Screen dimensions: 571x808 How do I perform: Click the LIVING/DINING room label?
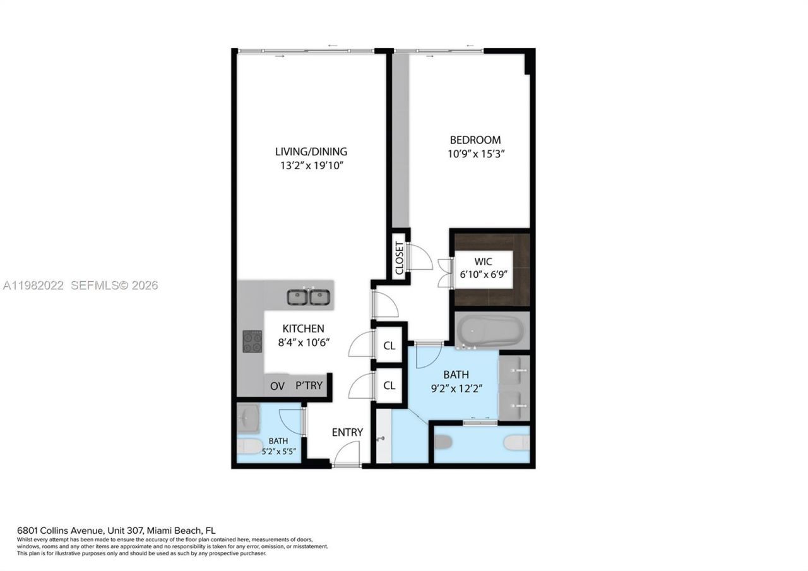pyautogui.click(x=311, y=152)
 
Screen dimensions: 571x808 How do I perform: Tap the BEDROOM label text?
pyautogui.click(x=475, y=140)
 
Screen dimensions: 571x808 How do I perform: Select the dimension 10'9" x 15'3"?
pyautogui.click(x=475, y=153)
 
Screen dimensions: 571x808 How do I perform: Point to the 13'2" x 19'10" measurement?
pyautogui.click(x=311, y=165)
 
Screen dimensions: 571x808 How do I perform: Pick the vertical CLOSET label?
pyautogui.click(x=399, y=258)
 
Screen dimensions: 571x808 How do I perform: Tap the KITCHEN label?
pyautogui.click(x=303, y=328)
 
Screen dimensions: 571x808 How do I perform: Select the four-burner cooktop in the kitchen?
pyautogui.click(x=252, y=342)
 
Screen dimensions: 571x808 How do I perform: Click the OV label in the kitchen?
pyautogui.click(x=277, y=385)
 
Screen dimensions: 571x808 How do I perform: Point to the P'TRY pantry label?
pyautogui.click(x=309, y=385)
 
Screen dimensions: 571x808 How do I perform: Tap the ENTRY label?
pyautogui.click(x=347, y=432)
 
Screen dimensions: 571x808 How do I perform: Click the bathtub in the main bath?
pyautogui.click(x=490, y=330)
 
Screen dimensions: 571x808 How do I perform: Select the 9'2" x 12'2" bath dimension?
pyautogui.click(x=456, y=389)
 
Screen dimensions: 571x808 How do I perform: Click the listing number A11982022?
pyautogui.click(x=33, y=285)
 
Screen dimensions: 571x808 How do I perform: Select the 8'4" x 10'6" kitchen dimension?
pyautogui.click(x=303, y=342)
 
